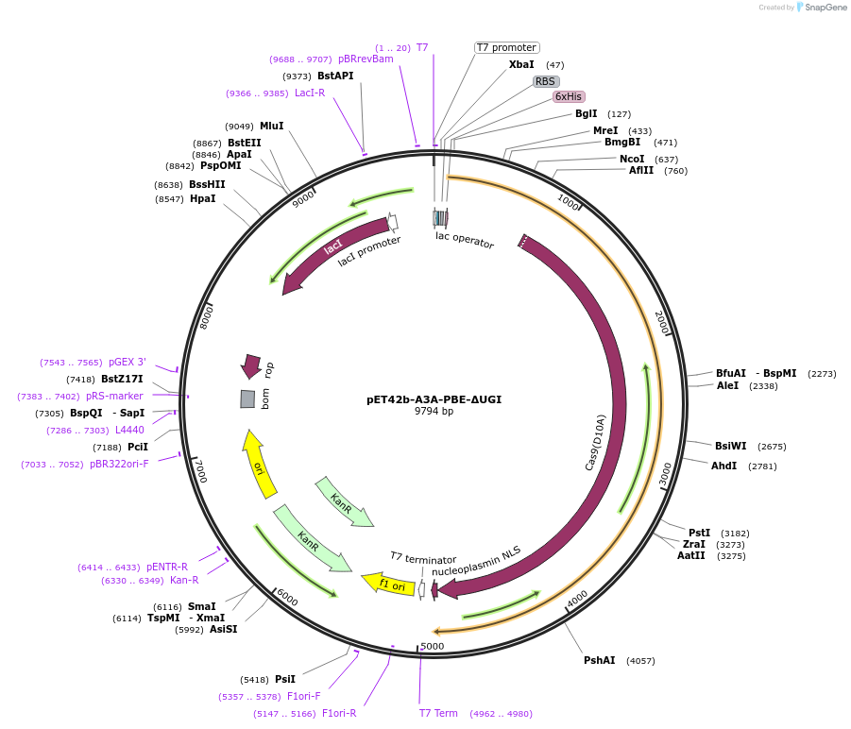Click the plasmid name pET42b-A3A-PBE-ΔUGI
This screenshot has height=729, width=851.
click(434, 399)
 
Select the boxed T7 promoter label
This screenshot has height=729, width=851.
click(506, 47)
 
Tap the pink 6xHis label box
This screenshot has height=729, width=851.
click(569, 96)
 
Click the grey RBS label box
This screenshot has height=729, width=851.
click(546, 81)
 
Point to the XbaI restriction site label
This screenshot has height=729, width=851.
click(521, 64)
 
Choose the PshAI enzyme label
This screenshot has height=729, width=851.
click(599, 660)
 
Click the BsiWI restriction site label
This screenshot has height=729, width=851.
click(731, 446)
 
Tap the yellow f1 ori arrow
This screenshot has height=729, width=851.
click(388, 584)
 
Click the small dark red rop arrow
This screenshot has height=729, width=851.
click(251, 365)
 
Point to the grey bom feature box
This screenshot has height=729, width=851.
click(247, 399)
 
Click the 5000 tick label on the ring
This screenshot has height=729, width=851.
click(432, 646)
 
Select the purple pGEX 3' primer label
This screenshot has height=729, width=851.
click(128, 363)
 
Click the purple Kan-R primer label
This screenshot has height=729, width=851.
click(183, 580)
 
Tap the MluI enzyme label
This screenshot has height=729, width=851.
click(272, 126)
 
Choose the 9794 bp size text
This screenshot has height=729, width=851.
click(434, 411)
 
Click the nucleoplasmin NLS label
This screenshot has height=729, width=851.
click(476, 561)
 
